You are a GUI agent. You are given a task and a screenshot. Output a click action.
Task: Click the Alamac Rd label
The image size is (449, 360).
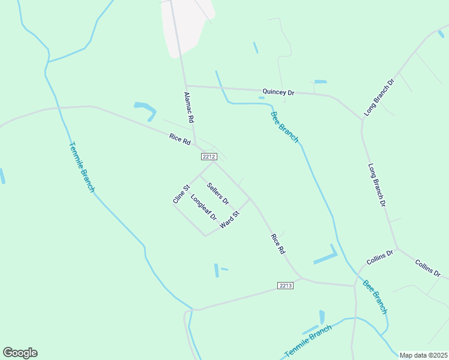(189, 107)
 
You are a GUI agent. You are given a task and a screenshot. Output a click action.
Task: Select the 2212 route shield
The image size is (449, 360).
(209, 157)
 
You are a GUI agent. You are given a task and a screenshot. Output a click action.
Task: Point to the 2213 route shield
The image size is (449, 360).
(286, 286)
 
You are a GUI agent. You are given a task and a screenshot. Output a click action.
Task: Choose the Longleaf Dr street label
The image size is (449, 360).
(203, 207)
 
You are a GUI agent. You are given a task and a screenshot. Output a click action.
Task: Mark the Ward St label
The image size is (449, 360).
(230, 219)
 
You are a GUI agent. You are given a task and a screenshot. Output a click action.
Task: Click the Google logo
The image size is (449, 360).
(20, 353)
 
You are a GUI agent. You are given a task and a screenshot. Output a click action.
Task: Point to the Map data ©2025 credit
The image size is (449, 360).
(423, 355)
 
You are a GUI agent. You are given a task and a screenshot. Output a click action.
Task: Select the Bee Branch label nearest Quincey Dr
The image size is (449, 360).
(284, 127)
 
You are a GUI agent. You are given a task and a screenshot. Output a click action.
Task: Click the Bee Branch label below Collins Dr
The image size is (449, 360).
(375, 297)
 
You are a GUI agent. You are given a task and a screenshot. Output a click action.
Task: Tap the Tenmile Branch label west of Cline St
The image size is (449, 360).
(82, 167)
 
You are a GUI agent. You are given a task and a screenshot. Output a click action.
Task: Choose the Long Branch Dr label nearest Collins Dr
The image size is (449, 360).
(376, 186)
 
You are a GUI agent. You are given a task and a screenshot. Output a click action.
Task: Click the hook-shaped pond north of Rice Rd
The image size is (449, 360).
(145, 110)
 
